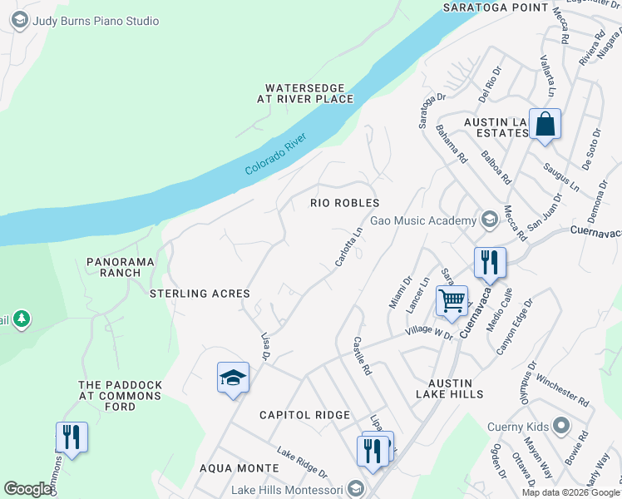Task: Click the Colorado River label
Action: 277,153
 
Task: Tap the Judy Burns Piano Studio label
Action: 95,21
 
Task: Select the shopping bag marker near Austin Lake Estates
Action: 545,126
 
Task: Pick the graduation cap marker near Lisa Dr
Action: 233,378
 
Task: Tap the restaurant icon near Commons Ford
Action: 72,437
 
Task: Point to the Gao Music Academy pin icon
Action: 489,220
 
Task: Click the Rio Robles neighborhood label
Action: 344,203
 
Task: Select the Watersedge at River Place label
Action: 304,93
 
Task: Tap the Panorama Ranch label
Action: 121,266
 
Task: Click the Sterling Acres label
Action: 200,294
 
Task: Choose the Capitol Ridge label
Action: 304,415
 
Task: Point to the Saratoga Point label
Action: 496,7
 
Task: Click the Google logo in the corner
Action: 27,489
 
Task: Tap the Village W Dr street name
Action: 428,333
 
